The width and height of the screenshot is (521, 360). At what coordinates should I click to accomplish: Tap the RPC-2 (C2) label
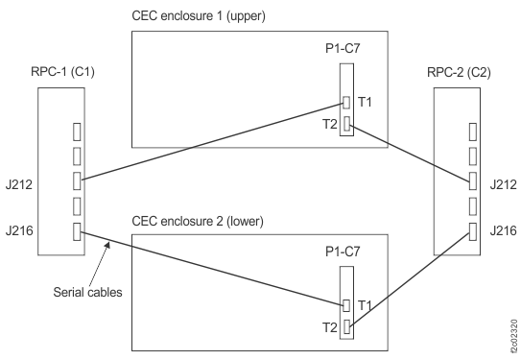464,72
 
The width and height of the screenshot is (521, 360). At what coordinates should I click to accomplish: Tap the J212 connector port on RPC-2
471,180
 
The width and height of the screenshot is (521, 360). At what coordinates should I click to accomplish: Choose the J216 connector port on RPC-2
471,230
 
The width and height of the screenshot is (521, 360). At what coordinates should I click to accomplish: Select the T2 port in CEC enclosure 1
346,123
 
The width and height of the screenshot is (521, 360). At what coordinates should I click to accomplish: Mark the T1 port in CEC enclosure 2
346,306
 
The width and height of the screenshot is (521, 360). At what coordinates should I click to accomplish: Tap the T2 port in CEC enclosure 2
346,327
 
